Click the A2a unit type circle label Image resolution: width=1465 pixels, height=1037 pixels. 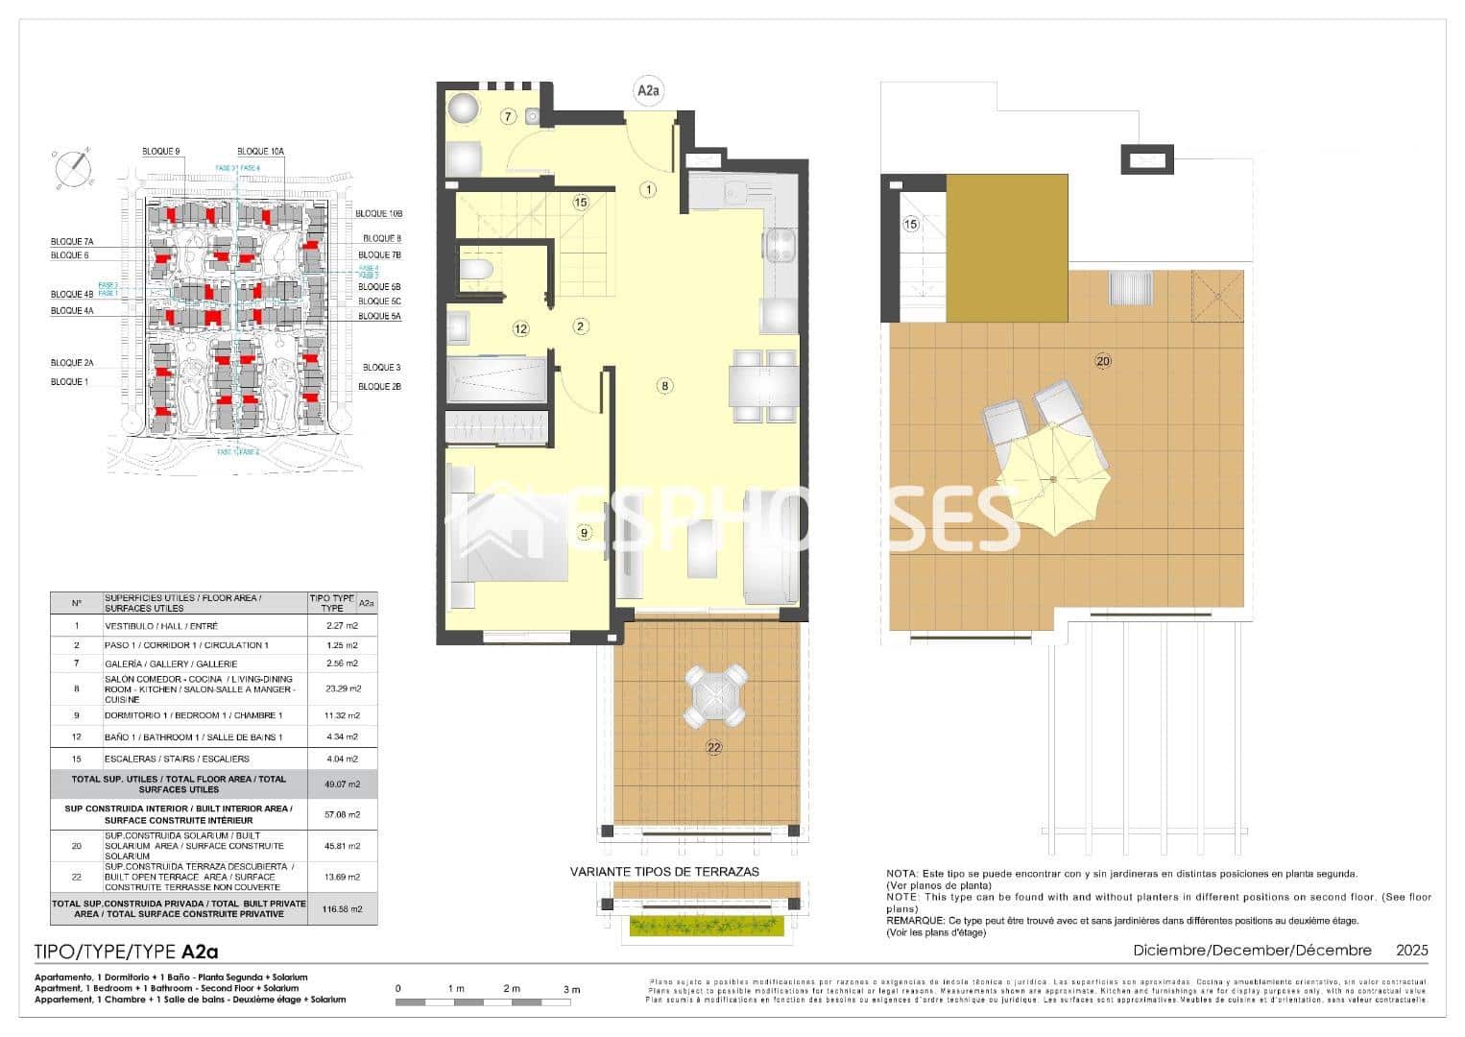648,91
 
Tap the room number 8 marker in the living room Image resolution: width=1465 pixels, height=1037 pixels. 664,386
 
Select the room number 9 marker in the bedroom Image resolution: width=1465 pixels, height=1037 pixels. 584,532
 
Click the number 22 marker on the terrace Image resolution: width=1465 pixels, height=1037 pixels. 713,748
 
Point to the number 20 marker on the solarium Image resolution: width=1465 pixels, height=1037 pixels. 1103,361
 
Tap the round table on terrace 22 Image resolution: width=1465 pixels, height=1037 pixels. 715,695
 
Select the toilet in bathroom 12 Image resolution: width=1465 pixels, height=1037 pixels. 475,270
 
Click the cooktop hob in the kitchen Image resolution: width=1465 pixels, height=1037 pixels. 781,246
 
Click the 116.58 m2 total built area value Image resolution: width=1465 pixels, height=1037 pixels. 342,908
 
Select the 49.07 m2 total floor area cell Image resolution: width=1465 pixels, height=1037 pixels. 342,784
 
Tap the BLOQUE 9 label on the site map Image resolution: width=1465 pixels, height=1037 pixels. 161,152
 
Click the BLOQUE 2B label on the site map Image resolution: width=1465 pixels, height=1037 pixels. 379,386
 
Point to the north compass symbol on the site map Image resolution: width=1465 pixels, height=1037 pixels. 72,169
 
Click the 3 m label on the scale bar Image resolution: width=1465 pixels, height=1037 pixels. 571,989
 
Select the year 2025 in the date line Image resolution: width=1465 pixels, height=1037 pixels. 1412,950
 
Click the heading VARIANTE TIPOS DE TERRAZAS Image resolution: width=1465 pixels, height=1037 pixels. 664,872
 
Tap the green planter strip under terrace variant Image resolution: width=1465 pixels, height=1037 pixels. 708,926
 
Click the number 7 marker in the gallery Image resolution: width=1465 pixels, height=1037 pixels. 509,117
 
